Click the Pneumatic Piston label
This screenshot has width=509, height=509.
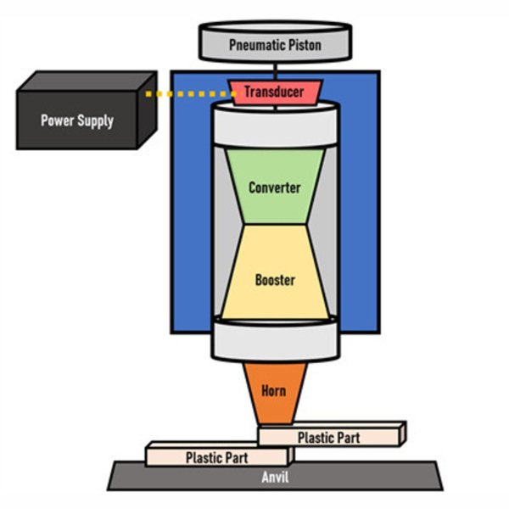275,44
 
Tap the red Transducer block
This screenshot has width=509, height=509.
275,92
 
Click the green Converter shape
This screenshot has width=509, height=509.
274,186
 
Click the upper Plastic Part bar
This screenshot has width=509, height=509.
330,437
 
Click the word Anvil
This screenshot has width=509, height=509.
275,478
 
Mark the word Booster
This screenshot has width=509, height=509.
275,279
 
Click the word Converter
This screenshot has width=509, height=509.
274,187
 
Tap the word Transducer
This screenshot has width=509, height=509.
275,92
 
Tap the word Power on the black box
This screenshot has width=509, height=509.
56,120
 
